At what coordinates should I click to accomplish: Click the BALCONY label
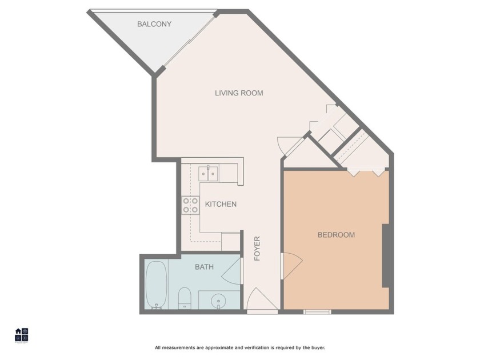[154, 24]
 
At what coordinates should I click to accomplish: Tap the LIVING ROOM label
[239, 93]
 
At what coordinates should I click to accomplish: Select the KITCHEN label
[221, 204]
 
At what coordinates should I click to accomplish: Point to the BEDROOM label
[336, 235]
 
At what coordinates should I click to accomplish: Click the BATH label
[204, 267]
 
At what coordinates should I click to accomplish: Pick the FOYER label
[257, 249]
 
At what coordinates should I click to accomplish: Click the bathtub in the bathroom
[155, 284]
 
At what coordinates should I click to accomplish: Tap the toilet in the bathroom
[184, 297]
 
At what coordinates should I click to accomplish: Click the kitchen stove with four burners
[190, 205]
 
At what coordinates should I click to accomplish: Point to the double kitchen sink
[208, 173]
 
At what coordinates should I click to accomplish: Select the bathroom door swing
[232, 271]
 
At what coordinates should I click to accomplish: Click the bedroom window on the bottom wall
[317, 311]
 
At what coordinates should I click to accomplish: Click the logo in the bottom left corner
[21, 335]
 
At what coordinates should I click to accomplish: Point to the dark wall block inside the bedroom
[386, 255]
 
